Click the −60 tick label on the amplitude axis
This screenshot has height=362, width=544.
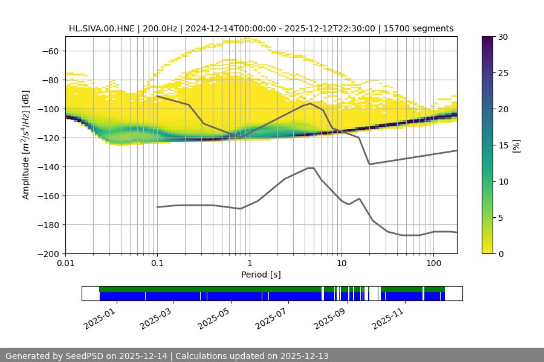(50, 51)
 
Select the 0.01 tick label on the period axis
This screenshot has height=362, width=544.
(65, 264)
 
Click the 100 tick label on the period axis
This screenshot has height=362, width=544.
(433, 264)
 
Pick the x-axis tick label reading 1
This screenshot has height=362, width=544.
(249, 264)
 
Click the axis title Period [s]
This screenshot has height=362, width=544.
(261, 275)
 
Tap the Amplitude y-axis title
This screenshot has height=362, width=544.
(26, 145)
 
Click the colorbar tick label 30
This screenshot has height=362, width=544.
(503, 37)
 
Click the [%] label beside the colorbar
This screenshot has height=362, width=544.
(516, 145)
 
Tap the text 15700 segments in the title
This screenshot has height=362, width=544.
(423, 28)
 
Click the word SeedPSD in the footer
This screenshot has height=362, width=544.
(84, 356)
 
